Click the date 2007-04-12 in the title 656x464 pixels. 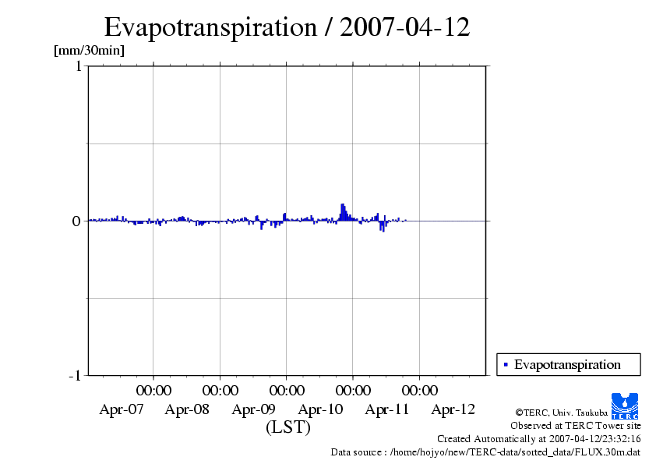point(405,27)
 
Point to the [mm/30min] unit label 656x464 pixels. point(89,51)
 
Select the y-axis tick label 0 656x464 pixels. point(76,221)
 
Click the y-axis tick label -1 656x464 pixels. point(75,375)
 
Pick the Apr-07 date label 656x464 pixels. point(122,409)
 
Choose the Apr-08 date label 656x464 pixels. point(188,409)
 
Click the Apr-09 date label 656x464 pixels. point(254,409)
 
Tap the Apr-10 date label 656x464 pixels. point(320,409)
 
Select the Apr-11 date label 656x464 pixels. point(387,409)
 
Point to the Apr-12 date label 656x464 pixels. point(453,409)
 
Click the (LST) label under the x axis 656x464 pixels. point(288,427)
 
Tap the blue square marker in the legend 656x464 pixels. point(506,364)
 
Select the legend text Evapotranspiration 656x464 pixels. point(567,364)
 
